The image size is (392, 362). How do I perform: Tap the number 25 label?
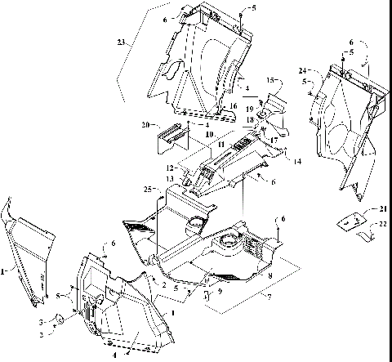point(149,190)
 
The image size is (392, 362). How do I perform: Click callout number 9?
point(219,290)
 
